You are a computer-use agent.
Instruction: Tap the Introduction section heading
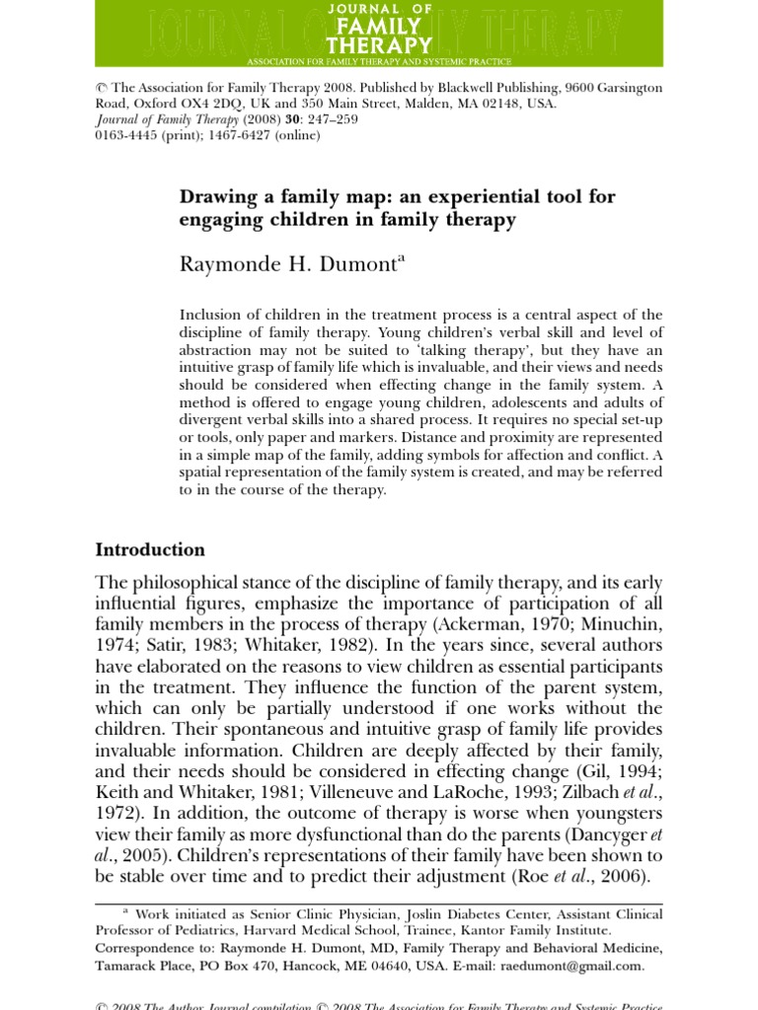pos(150,549)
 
